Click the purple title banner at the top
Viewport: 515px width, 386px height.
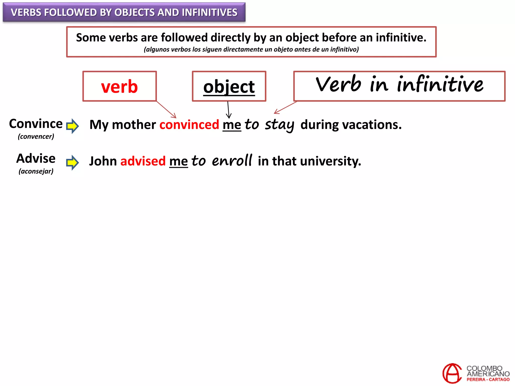tap(124, 12)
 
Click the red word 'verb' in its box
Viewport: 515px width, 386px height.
tap(119, 86)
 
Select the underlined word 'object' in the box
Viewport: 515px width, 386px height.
tap(229, 87)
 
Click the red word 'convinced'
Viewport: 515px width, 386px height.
tap(189, 125)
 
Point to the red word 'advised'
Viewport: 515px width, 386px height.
tap(143, 161)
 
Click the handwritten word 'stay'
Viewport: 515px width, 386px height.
tap(279, 125)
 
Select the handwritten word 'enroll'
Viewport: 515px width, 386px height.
tap(232, 161)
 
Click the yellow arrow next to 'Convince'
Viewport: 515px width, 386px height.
tap(72, 126)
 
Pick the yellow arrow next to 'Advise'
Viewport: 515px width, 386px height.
tap(72, 162)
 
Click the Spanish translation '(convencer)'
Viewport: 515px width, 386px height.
tap(36, 136)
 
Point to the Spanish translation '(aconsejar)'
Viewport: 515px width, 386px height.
tap(36, 171)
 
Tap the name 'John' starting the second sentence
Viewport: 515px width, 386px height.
tap(103, 161)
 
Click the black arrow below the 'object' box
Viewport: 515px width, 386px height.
tap(228, 110)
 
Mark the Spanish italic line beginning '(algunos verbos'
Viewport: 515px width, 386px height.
tap(251, 50)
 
